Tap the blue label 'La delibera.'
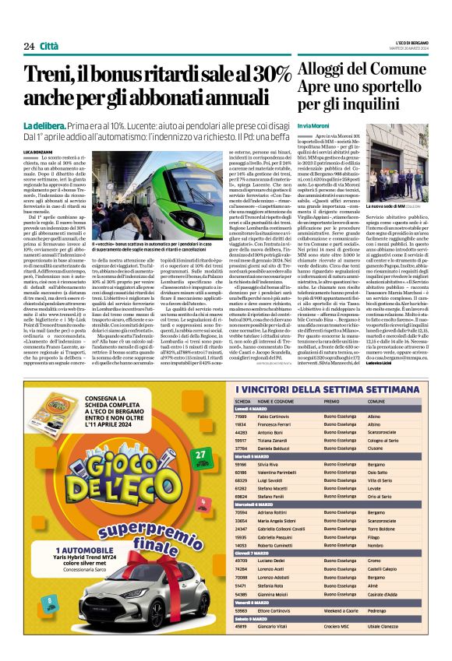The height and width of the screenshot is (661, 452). (x=48, y=126)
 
